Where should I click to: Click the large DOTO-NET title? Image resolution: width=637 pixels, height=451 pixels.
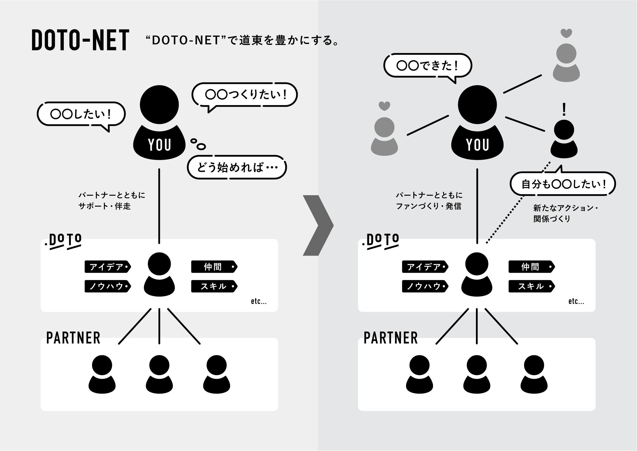point(80,40)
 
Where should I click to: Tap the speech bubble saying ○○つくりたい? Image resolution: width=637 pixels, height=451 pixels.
point(245,95)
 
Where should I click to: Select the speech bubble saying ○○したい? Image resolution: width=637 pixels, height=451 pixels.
point(81,114)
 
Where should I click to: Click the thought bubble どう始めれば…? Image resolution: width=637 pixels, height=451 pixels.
point(237,167)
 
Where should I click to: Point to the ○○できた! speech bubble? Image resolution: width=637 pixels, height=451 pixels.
point(427,66)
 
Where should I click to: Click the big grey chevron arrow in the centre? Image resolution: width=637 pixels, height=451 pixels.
point(318,225)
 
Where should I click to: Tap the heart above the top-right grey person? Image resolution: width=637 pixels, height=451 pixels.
point(566,34)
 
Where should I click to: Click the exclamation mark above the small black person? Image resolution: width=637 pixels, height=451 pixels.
point(564,110)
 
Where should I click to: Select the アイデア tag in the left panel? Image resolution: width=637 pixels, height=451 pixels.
point(107,267)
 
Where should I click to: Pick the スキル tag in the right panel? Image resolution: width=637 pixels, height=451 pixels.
point(531,286)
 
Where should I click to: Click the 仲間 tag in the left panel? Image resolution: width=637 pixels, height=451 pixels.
point(214,267)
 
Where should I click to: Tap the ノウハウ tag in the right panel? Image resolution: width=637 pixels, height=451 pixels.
point(425,286)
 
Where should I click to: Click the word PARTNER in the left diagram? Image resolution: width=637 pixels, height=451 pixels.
point(73,338)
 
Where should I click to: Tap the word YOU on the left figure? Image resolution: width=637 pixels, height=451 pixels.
point(159,145)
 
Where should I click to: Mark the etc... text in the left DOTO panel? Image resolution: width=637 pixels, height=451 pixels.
point(259,302)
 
